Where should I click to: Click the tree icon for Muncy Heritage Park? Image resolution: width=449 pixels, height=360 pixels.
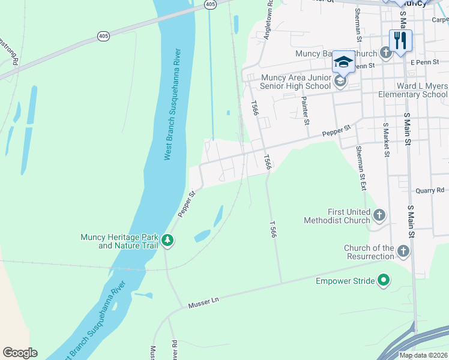tap(168, 241)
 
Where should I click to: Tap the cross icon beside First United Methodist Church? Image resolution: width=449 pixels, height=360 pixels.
tap(379, 215)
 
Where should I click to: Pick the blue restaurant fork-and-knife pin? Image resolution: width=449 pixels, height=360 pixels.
tap(400, 41)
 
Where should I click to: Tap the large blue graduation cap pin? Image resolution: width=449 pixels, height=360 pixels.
tap(343, 62)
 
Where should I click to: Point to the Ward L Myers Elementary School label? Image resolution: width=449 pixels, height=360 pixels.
tap(413, 91)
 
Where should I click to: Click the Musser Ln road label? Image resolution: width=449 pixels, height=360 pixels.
tap(205, 305)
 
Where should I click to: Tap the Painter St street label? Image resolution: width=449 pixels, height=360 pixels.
tap(306, 110)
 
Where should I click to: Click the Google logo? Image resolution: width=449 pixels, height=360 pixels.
tap(20, 353)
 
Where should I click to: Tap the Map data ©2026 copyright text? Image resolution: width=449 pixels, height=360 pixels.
tap(423, 355)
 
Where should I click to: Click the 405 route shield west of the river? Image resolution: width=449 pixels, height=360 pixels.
tap(104, 37)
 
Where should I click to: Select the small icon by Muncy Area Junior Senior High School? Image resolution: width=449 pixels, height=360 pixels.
tap(340, 82)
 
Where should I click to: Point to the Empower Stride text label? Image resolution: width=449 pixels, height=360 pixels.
tap(345, 280)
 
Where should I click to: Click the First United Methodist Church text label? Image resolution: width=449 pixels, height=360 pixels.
tap(349, 216)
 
